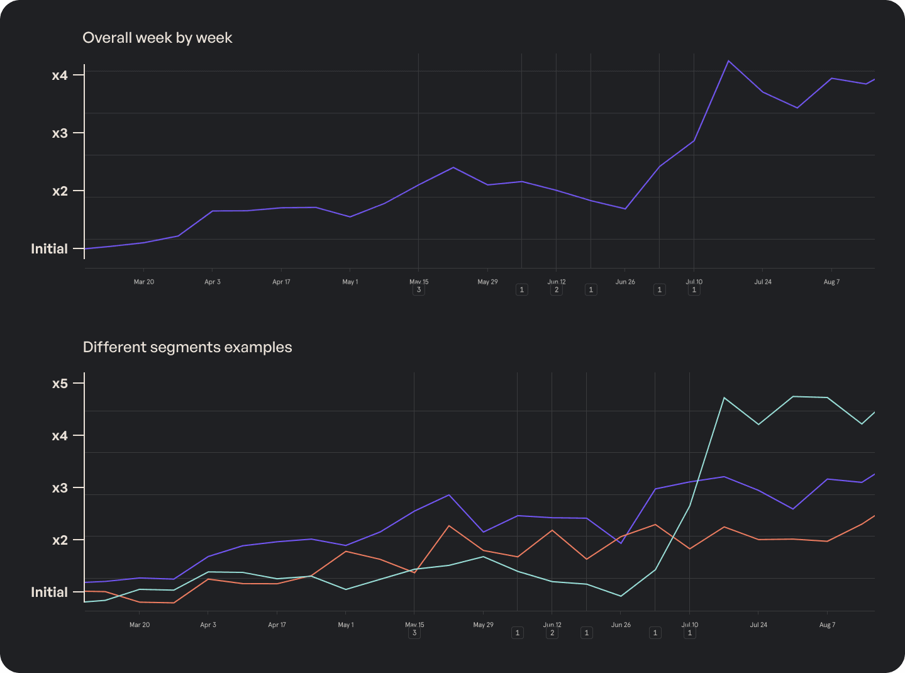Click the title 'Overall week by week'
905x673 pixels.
[x=157, y=38]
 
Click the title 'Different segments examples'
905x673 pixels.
[x=187, y=347]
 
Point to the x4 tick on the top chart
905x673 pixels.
[x=60, y=75]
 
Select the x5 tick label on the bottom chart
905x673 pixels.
[x=60, y=384]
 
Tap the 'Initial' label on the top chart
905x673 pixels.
[x=49, y=249]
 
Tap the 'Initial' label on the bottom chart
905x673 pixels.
[x=49, y=592]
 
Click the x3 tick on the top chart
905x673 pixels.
[x=60, y=133]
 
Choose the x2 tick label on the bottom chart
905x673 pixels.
[x=60, y=540]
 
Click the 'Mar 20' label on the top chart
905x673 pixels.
[x=143, y=282]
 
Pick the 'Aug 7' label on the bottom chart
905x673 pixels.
[x=827, y=625]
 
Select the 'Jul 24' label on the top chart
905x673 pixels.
[x=763, y=282]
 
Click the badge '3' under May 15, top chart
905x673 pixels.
[x=419, y=290]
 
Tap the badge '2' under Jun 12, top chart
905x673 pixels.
[x=557, y=290]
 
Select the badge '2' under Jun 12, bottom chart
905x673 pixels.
[x=552, y=633]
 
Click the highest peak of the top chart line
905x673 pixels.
[x=728, y=61]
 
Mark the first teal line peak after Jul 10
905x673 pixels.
[x=725, y=398]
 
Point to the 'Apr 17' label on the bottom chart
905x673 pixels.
[x=277, y=625]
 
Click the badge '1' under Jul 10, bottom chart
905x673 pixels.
[x=690, y=633]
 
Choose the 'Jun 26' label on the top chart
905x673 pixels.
[x=625, y=282]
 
